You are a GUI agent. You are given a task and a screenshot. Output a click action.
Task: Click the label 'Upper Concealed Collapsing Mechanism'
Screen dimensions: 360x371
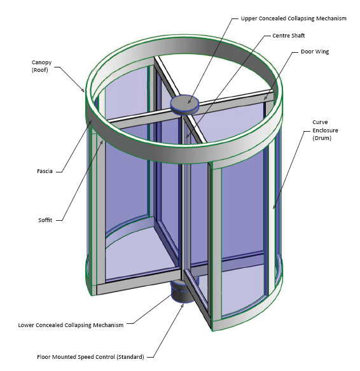294,18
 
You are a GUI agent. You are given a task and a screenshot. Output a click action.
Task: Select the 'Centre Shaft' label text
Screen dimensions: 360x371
289,36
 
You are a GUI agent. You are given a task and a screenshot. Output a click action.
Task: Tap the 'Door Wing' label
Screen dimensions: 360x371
315,52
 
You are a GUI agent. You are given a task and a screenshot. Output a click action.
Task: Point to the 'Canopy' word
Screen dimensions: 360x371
41,62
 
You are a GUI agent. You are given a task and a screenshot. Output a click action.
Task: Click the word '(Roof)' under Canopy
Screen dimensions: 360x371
39,70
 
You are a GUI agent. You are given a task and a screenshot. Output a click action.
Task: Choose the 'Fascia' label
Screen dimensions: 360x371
45,171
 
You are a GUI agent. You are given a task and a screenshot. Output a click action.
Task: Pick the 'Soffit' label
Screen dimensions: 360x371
45,220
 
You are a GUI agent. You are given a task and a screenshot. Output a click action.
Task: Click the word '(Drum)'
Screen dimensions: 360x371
322,138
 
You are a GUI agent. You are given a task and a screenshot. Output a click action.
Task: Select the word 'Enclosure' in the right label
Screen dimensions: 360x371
325,130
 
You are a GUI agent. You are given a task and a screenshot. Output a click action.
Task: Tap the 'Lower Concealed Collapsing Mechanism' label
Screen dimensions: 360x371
71,325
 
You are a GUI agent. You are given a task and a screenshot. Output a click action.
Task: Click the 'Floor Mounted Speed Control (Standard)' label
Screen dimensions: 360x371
90,357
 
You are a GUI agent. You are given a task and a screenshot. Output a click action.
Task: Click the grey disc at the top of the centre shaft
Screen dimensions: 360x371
184,104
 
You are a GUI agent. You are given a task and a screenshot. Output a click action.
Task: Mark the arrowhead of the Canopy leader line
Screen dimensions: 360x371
83,90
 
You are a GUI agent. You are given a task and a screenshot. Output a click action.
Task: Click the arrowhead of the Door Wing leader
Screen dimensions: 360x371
265,98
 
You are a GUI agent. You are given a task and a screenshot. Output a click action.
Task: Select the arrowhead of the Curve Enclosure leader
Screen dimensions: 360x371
274,207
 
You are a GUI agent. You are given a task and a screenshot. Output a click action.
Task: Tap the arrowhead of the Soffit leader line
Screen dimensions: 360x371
102,142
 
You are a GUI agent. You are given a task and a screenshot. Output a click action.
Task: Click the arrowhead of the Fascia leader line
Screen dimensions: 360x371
90,122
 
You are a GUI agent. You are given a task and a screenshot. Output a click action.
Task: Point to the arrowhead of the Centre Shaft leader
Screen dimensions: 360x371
188,136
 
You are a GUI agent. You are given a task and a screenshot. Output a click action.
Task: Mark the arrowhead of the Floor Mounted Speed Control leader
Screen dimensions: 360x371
183,305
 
